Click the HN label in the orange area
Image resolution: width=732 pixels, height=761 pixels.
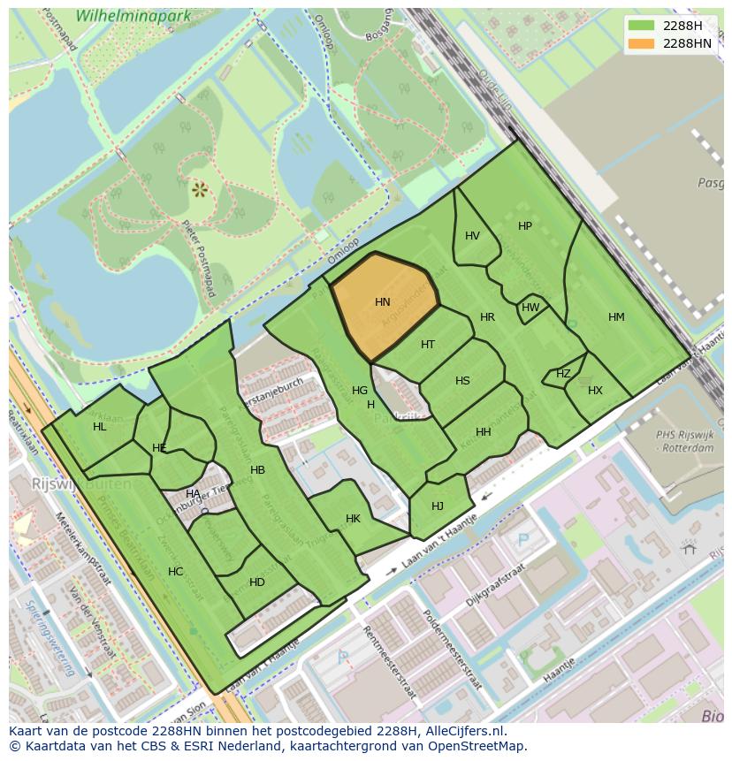click(x=383, y=302)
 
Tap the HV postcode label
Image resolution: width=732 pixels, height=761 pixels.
click(x=472, y=236)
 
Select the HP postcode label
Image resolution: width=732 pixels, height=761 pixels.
click(x=525, y=226)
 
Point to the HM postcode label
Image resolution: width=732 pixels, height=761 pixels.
click(x=616, y=317)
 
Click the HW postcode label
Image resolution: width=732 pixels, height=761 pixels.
click(x=530, y=308)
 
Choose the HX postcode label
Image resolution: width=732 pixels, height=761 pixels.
click(x=595, y=391)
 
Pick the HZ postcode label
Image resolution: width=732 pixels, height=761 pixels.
click(x=563, y=374)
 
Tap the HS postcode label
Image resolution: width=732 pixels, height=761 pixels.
click(x=462, y=381)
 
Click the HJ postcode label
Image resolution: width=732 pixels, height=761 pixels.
click(x=438, y=506)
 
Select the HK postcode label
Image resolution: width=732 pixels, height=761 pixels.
click(x=353, y=519)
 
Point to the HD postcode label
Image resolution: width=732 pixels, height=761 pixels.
click(x=257, y=582)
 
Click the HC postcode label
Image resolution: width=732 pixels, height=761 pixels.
click(x=175, y=572)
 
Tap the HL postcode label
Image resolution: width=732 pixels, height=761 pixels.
click(x=99, y=427)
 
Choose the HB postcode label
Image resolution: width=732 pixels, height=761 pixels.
click(x=257, y=470)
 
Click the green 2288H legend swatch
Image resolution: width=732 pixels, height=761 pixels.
click(x=641, y=26)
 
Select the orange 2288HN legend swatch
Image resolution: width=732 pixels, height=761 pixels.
click(x=641, y=43)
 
